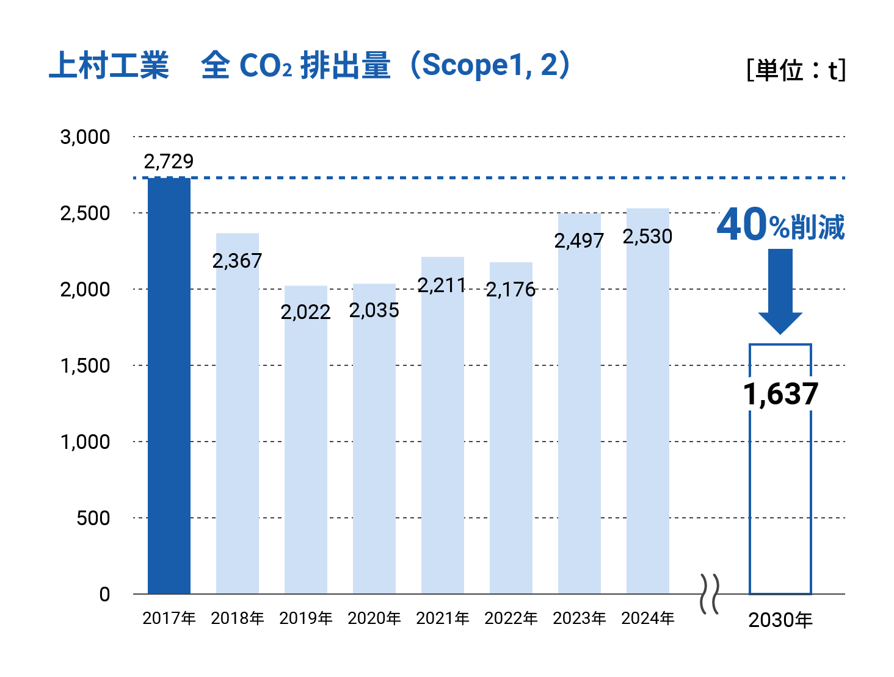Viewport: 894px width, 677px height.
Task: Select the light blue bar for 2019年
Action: [x=306, y=451]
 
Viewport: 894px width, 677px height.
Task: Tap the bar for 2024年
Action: [x=648, y=415]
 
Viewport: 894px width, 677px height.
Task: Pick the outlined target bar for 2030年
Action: [x=780, y=500]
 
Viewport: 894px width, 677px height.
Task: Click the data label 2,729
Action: [x=169, y=162]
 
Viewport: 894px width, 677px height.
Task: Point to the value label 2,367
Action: [x=237, y=261]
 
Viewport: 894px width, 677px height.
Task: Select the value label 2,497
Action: [x=579, y=241]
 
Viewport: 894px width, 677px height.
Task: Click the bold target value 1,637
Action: [x=780, y=394]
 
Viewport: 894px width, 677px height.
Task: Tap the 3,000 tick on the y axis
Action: [x=85, y=137]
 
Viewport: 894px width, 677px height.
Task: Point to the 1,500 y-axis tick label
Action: [x=85, y=366]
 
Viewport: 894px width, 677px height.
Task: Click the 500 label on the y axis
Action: [x=93, y=518]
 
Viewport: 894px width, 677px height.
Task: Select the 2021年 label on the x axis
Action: [x=443, y=618]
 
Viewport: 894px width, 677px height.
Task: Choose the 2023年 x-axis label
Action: [x=580, y=618]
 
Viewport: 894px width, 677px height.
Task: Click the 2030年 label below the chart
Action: [x=780, y=620]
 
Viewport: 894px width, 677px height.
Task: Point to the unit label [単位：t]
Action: [x=796, y=70]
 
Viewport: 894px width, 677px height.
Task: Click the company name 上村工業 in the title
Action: [x=109, y=66]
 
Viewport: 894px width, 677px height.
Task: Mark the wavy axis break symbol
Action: [x=709, y=593]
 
